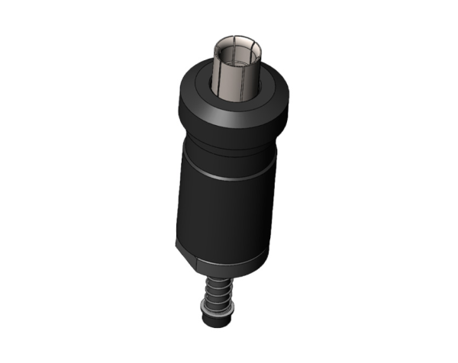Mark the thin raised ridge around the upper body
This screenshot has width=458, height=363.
click(x=226, y=177)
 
